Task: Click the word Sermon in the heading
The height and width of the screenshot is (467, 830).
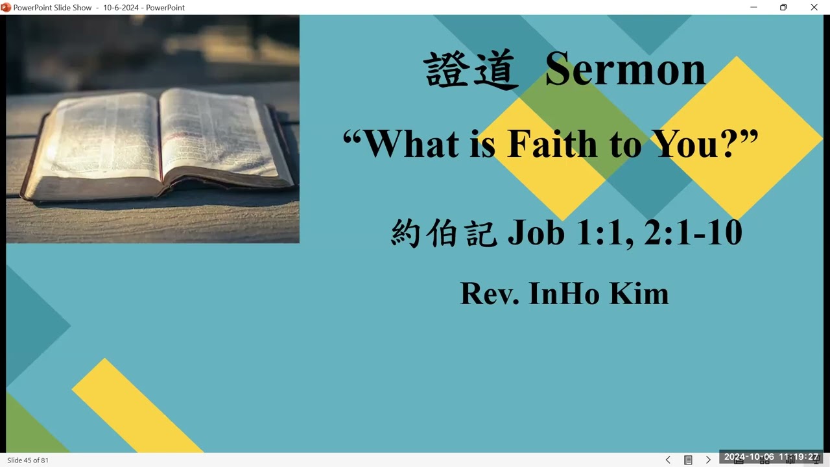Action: (625, 69)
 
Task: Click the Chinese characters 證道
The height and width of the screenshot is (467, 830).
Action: (472, 70)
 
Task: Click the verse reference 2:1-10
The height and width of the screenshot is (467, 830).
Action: (693, 232)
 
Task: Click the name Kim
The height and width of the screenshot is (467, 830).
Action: (639, 293)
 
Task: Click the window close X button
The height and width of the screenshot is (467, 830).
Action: (814, 7)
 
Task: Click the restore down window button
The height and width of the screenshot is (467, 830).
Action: (783, 7)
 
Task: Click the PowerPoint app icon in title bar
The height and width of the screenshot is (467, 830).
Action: (6, 7)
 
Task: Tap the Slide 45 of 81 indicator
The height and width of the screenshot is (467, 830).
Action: (28, 460)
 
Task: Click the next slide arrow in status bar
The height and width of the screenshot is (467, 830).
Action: (708, 460)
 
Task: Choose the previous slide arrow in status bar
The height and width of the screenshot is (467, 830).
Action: (668, 460)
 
